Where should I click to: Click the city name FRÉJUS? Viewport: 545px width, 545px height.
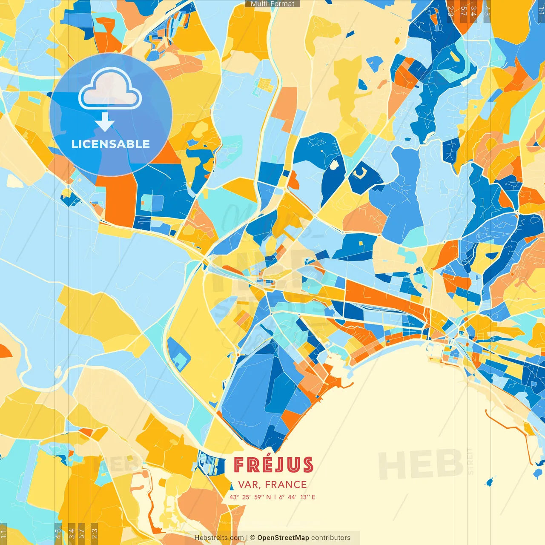pos(273,465)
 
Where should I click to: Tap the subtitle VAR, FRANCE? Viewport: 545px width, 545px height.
pos(272,485)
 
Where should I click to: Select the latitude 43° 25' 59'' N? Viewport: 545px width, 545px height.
pos(250,497)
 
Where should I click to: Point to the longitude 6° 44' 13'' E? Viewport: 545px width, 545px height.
pos(297,497)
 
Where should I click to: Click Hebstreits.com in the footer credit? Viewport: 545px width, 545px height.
pos(219,538)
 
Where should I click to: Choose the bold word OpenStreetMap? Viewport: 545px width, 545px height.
pos(283,538)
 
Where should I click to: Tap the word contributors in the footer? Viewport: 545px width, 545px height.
pos(331,538)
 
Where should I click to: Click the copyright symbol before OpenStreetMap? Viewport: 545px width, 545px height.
pos(252,538)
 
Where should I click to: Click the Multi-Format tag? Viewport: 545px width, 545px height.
pos(272,4)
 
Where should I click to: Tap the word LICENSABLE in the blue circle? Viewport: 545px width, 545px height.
pos(110,144)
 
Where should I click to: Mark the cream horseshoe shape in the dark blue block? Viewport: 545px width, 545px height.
pos(360,173)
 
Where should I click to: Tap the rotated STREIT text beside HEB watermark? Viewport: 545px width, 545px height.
pos(470,461)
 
